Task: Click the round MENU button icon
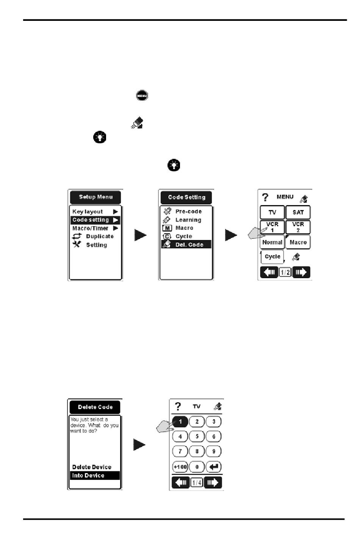coord(142,96)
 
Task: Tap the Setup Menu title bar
coord(95,197)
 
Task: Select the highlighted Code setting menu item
coord(95,220)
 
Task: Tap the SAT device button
coord(298,212)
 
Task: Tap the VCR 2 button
coord(298,227)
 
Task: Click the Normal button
coord(272,242)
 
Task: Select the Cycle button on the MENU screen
coord(272,257)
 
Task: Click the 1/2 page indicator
coord(285,273)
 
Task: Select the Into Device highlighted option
coord(95,475)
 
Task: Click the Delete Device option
coord(92,467)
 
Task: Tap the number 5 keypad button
coord(197,436)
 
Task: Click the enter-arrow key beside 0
coord(214,467)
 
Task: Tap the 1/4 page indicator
coord(197,483)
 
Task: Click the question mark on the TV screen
coord(178,406)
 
